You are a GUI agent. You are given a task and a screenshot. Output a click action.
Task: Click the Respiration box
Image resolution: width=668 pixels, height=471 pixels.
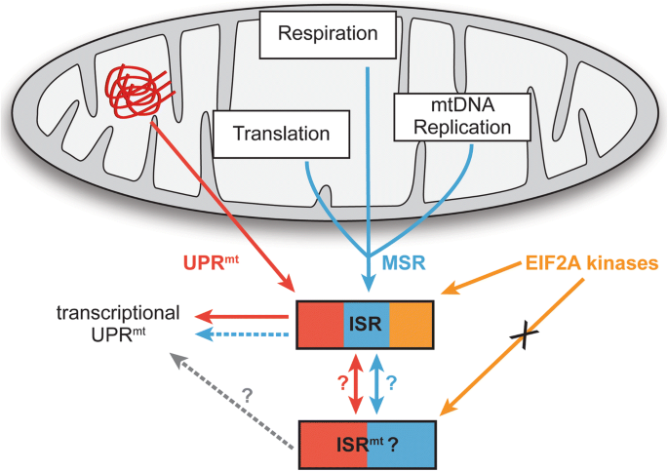click(x=327, y=34)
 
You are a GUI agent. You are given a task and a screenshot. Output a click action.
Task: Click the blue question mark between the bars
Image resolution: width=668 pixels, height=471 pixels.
click(x=392, y=381)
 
